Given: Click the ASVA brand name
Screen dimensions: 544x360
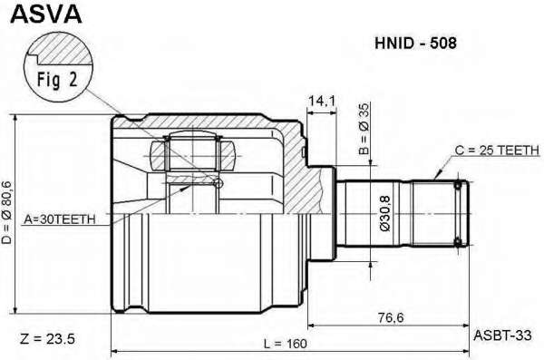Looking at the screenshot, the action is click(46, 14).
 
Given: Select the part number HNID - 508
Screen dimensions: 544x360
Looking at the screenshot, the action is click(415, 44).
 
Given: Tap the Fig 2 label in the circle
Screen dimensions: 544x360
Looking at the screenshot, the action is click(57, 81).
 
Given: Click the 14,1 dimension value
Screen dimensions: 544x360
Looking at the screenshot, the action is click(322, 101).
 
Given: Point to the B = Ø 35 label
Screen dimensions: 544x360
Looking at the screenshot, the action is click(364, 129).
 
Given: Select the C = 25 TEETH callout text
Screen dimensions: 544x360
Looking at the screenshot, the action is click(497, 151).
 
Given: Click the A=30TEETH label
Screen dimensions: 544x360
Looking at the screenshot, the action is click(59, 219).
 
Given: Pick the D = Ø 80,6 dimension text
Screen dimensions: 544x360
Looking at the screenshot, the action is click(6, 212).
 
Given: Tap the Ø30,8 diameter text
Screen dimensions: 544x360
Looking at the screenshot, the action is click(385, 213).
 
